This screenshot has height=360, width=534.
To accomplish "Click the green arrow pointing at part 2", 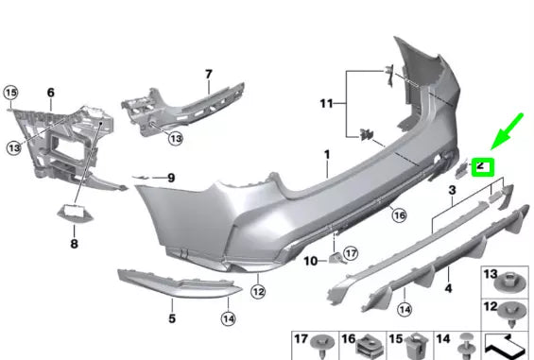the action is click(507, 131).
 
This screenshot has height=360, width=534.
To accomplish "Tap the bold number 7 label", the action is click(209, 75).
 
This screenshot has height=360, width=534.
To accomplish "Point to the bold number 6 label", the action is click(51, 93).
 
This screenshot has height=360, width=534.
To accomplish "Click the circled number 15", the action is click(11, 93).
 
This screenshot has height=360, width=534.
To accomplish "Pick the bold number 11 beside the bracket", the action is click(326, 103).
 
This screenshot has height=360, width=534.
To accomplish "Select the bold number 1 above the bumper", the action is click(327, 155).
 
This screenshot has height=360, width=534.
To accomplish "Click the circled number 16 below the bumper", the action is click(399, 215).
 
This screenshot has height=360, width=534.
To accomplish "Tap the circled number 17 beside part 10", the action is click(351, 253).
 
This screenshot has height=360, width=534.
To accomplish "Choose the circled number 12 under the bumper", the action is click(258, 292).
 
